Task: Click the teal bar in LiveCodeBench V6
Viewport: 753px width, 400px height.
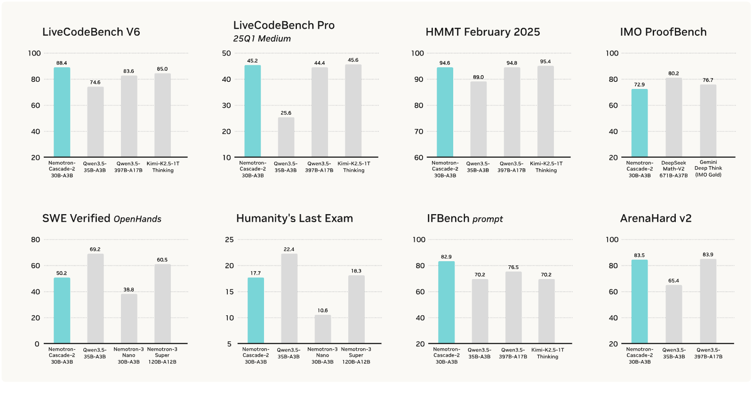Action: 62,112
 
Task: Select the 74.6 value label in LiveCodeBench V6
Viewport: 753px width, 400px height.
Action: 95,82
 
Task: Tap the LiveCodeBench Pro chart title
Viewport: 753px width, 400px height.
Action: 284,25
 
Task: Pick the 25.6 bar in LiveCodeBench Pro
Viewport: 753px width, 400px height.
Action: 286,137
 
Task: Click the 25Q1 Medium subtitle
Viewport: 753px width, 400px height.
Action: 262,39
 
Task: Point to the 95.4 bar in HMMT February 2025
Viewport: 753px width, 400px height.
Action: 545,111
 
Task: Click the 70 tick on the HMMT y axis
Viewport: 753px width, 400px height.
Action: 418,131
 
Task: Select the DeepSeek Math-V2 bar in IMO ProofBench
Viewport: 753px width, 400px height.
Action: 673,117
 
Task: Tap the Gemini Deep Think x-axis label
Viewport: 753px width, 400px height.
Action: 708,168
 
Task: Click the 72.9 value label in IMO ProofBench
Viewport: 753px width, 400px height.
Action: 640,85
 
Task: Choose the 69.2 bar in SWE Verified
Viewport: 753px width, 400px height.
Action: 96,298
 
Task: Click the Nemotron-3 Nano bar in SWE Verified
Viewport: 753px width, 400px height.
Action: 129,319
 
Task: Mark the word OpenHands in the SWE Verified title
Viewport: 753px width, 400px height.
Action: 137,219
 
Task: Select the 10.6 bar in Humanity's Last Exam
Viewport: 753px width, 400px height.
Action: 323,329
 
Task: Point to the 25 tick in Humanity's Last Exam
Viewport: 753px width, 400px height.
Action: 230,240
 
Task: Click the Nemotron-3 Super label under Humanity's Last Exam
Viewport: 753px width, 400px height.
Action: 356,356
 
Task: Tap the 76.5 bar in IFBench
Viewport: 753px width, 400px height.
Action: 513,308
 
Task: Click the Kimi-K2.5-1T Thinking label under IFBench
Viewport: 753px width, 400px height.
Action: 548,353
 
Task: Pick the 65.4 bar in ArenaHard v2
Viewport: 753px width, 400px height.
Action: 673,314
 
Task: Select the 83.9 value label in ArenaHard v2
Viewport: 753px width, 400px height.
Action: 708,255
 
